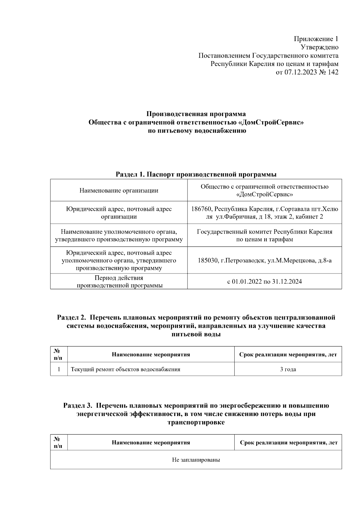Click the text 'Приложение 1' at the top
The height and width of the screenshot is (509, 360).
[316, 39]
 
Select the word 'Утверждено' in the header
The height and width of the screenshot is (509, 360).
[319, 47]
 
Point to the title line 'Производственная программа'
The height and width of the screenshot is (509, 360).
[196, 114]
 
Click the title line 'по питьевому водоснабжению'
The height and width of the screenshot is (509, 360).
[196, 131]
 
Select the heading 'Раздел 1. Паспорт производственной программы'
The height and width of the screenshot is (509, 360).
[196, 175]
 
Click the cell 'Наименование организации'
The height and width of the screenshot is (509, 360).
[119, 190]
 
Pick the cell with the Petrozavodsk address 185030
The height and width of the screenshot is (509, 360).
[264, 260]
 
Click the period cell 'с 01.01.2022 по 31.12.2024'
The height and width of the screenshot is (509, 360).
[264, 282]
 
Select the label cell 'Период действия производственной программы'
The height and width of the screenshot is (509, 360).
[119, 282]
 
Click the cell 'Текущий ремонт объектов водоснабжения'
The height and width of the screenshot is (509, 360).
[125, 369]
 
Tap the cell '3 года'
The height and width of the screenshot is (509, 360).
[288, 369]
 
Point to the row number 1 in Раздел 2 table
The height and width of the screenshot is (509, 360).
[59, 369]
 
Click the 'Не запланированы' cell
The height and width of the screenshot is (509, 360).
[196, 460]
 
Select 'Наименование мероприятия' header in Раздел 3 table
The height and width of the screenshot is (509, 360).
[151, 443]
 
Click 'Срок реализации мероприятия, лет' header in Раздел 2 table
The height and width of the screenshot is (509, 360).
[288, 355]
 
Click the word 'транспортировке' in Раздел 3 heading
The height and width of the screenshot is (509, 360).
[196, 423]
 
